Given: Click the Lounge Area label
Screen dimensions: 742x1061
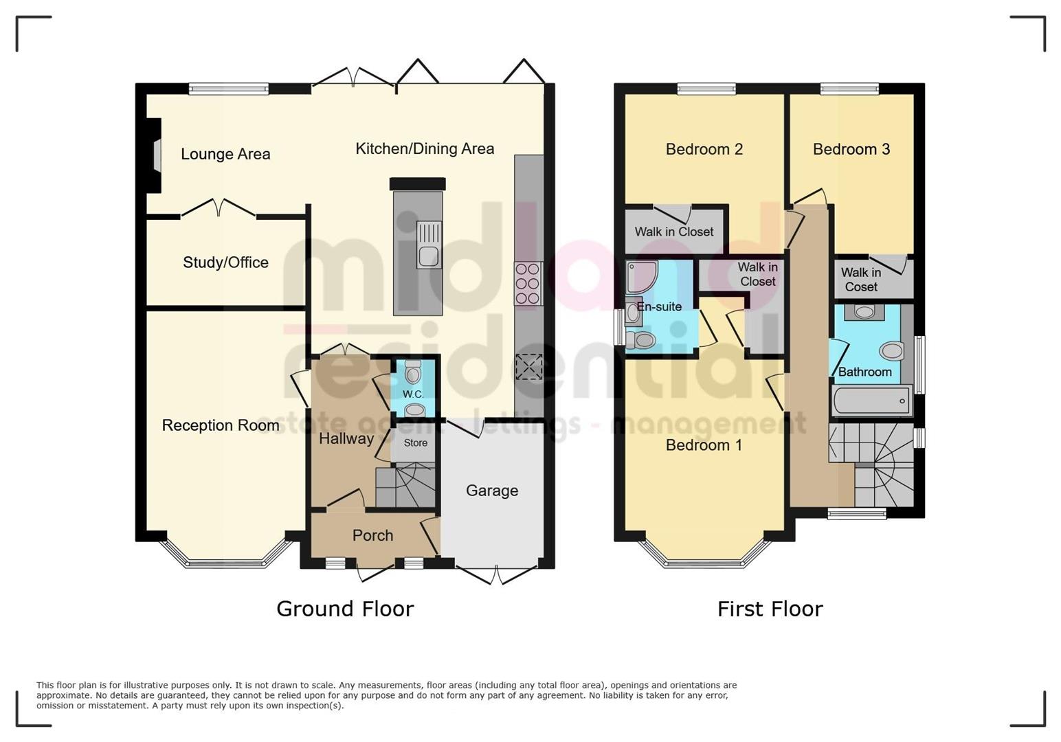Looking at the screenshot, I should (x=225, y=154).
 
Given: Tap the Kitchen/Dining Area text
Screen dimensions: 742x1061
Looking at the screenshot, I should (x=425, y=148).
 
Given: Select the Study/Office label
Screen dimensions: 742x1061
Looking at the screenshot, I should (x=225, y=262).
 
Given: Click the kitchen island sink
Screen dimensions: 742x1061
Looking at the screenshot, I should (x=429, y=245).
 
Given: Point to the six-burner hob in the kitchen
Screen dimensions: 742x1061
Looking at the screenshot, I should (x=528, y=283).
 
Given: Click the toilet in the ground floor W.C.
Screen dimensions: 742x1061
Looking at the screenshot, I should (x=413, y=373).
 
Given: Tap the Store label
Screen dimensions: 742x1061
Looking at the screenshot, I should (x=415, y=443).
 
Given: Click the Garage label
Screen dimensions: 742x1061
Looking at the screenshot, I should (x=491, y=491).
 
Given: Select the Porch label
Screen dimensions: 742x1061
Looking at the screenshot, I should (x=372, y=535).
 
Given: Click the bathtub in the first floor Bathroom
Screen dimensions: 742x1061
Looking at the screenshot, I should (x=871, y=401).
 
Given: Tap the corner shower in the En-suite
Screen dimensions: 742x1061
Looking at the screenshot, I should (x=641, y=276).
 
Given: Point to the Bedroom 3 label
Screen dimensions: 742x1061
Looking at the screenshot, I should (x=851, y=149).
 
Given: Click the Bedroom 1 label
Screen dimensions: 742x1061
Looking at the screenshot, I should (x=704, y=445).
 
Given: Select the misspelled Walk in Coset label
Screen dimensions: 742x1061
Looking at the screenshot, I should (x=860, y=280).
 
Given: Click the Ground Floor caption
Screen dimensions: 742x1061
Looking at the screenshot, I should (x=345, y=609).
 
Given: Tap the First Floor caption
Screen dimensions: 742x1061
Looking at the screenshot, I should (x=770, y=609).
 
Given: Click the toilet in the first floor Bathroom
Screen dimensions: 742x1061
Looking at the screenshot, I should (x=891, y=352).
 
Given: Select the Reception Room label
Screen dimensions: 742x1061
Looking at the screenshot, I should (x=221, y=425).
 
